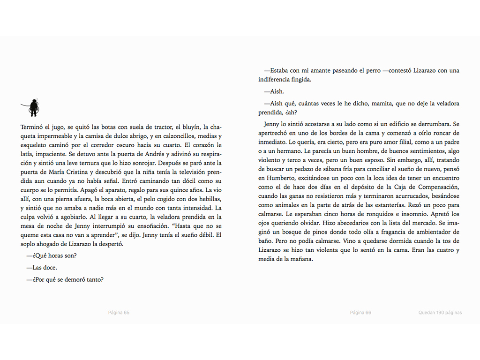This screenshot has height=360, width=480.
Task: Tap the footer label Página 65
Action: [119, 313]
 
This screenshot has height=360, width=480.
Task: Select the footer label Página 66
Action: [360, 313]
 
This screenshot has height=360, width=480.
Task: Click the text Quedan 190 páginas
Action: [440, 313]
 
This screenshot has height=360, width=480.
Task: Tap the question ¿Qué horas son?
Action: [52, 255]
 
